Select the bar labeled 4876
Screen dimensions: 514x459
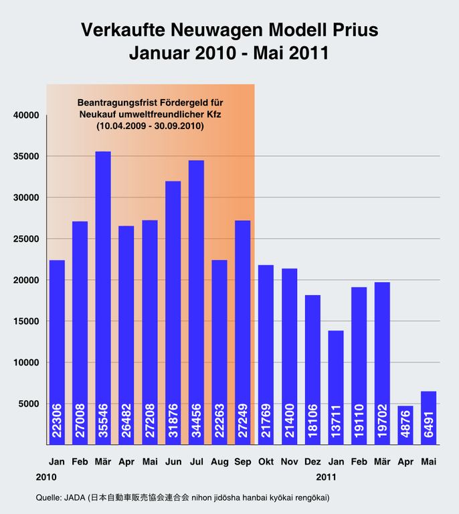pyautogui.click(x=405, y=425)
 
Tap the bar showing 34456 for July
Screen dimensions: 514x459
pyautogui.click(x=196, y=301)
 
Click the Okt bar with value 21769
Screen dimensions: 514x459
pyautogui.click(x=266, y=355)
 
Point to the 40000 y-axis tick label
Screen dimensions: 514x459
pyautogui.click(x=27, y=115)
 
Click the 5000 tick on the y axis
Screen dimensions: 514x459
pyautogui.click(x=29, y=404)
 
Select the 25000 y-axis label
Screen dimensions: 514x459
pyautogui.click(x=27, y=239)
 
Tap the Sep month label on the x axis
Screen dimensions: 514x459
pyautogui.click(x=242, y=462)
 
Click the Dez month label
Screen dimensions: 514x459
pyautogui.click(x=312, y=462)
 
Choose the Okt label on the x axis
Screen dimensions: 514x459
pyautogui.click(x=266, y=462)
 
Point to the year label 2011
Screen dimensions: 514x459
pyautogui.click(x=326, y=477)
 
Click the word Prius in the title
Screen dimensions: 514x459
pyautogui.click(x=351, y=30)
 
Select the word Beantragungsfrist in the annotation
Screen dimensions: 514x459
pyautogui.click(x=115, y=103)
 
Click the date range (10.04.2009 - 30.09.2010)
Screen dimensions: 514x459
pyautogui.click(x=149, y=125)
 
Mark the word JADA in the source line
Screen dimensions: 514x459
pyautogui.click(x=78, y=498)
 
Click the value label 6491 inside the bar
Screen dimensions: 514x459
pyautogui.click(x=428, y=423)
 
